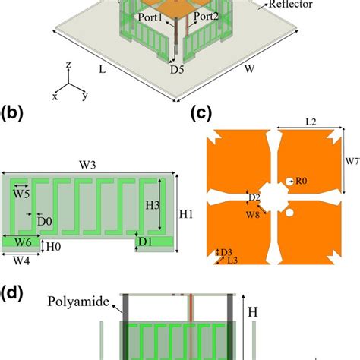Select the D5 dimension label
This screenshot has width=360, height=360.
176,71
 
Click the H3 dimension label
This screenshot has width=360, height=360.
151,205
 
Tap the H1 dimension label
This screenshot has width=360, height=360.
188,214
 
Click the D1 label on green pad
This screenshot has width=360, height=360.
147,242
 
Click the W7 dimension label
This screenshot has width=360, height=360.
350,162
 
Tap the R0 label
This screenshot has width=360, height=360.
302,181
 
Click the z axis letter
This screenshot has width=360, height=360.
68,65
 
